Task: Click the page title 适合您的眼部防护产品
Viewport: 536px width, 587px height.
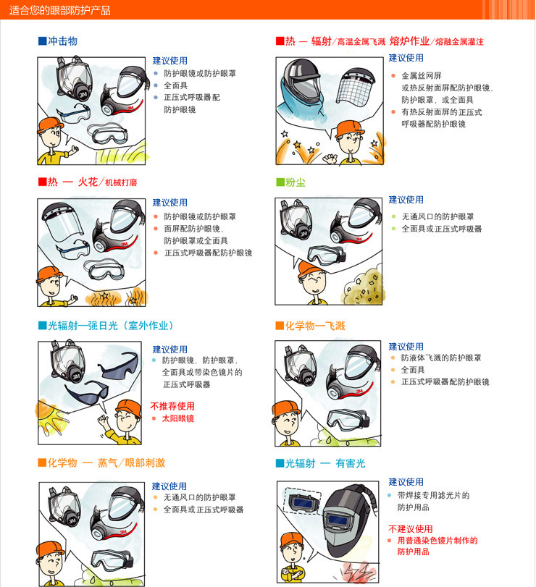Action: point(60,10)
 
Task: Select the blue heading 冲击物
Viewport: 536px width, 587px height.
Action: point(62,41)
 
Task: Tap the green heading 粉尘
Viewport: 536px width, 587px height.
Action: point(296,182)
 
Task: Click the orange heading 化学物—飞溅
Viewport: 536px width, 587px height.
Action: point(315,326)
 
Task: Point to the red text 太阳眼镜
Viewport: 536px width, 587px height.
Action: point(178,418)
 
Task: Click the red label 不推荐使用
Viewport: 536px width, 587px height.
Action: point(172,406)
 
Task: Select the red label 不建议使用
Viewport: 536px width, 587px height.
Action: point(411,528)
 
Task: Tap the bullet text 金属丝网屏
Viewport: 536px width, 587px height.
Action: point(422,75)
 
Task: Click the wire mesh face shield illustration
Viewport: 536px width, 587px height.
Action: point(356,85)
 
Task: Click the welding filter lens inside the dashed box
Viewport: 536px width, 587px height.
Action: point(302,501)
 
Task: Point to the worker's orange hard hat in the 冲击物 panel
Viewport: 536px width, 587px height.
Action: point(50,124)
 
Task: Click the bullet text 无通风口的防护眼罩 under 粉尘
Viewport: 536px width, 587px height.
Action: point(438,216)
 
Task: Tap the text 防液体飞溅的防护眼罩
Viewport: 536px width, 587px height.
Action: point(441,358)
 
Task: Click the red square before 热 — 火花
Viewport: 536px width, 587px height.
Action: point(42,182)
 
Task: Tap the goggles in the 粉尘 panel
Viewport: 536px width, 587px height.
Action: point(326,255)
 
